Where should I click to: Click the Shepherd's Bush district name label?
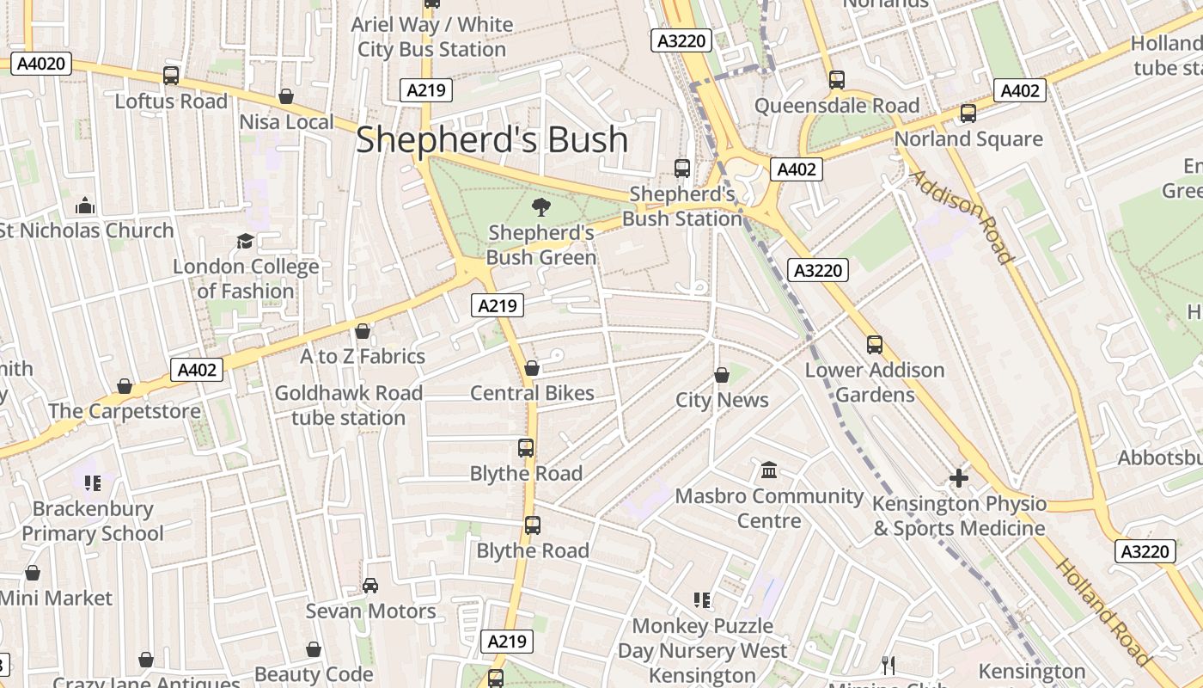(492, 139)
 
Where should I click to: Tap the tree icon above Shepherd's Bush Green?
(540, 206)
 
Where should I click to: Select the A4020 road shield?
(41, 63)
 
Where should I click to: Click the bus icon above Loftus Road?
(171, 76)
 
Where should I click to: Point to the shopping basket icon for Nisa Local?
(286, 96)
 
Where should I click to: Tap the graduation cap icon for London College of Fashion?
(246, 241)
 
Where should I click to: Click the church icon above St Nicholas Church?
(85, 206)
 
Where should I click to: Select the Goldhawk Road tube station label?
(348, 405)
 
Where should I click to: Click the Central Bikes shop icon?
(532, 368)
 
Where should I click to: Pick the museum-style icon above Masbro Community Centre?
(769, 470)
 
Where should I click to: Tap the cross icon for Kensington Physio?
(959, 477)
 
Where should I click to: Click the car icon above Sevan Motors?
(370, 586)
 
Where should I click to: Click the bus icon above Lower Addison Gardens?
(875, 345)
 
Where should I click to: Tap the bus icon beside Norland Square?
(968, 114)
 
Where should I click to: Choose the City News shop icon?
(722, 375)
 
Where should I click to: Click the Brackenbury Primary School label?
(92, 521)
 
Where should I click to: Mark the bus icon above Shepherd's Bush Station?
(682, 169)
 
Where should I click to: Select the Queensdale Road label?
(837, 106)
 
